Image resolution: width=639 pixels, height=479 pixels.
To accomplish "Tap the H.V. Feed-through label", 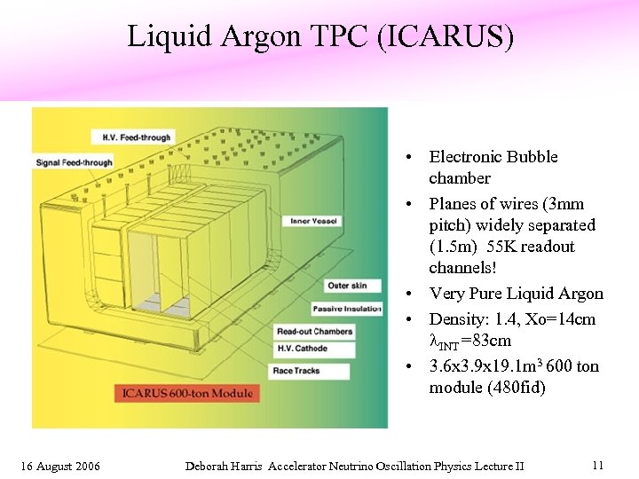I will click(x=130, y=137).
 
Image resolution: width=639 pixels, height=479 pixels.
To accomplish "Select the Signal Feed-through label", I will click(x=75, y=162).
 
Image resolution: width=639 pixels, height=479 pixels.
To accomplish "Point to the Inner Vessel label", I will click(x=313, y=221).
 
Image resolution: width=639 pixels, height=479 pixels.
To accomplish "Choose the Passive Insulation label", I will click(x=347, y=309).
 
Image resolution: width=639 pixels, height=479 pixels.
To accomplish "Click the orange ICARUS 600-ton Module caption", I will click(x=187, y=393).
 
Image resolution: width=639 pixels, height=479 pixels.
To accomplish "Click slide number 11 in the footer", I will click(x=597, y=465).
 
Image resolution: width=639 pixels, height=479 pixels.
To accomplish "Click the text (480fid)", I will click(x=517, y=388).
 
